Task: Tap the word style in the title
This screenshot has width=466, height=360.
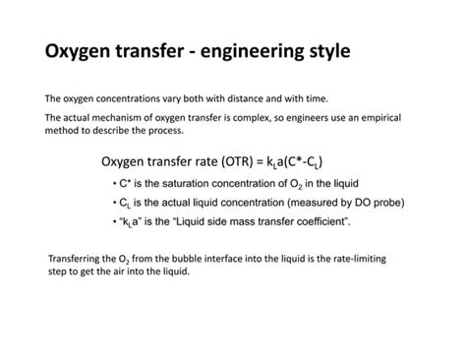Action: pyautogui.click(x=325, y=50)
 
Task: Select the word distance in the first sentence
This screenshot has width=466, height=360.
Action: pyautogui.click(x=222, y=99)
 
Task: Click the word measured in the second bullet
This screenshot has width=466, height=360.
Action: pyautogui.click(x=290, y=202)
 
